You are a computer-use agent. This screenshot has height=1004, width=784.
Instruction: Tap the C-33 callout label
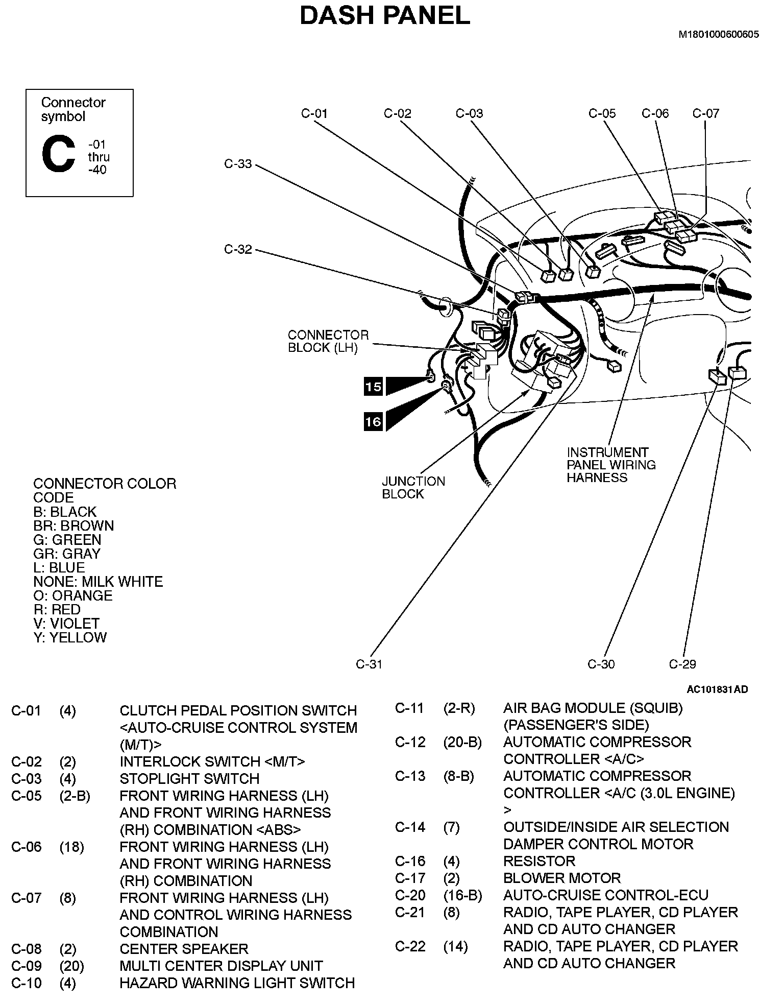[238, 164]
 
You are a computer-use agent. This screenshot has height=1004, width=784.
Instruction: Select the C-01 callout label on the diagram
[314, 113]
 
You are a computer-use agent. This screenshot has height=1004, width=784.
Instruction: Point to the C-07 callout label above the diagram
[705, 113]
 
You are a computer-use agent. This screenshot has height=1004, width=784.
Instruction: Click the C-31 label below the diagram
[369, 664]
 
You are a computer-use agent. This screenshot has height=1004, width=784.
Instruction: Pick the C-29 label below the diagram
[682, 664]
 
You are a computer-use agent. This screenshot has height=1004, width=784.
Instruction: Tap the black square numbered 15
[373, 387]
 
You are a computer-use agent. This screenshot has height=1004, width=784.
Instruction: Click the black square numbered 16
[373, 421]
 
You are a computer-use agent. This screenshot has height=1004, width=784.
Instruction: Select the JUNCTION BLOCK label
[413, 487]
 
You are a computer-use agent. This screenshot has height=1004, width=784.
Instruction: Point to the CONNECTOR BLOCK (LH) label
[328, 341]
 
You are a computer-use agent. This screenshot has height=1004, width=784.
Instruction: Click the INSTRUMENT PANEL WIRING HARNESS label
[611, 465]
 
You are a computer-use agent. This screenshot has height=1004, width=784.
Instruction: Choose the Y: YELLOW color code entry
[70, 637]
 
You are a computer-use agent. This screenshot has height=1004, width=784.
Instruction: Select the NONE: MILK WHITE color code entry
[98, 581]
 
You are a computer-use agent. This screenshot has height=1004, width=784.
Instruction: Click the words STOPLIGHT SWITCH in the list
[189, 778]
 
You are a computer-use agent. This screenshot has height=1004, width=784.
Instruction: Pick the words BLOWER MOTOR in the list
[561, 878]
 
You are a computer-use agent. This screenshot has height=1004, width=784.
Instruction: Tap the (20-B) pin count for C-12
[462, 742]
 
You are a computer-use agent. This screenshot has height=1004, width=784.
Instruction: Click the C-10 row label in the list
[26, 983]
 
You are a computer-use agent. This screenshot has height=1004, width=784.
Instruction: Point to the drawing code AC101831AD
[717, 689]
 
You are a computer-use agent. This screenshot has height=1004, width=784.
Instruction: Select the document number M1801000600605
[718, 35]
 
